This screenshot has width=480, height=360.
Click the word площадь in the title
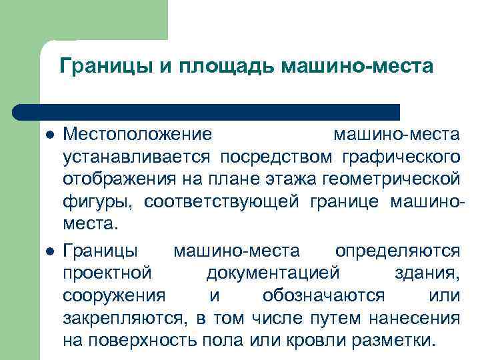222,67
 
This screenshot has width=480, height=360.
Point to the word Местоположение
138,135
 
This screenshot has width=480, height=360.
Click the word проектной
107,273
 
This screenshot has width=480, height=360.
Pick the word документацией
273,273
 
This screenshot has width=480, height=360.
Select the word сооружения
114,296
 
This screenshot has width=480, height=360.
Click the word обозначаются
323,296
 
